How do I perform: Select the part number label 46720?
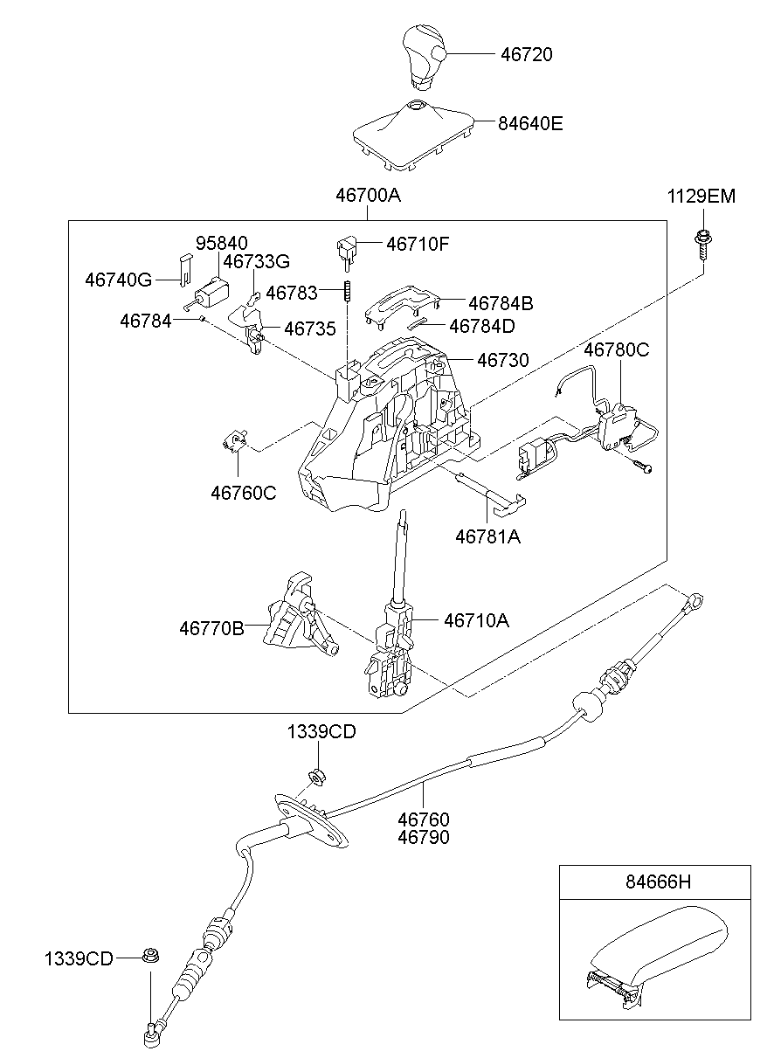[x=526, y=54]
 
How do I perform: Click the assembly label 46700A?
[x=368, y=197]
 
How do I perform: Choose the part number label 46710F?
[x=418, y=244]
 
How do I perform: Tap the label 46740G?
[x=119, y=280]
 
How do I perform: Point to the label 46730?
[x=502, y=359]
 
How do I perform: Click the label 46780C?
[x=617, y=349]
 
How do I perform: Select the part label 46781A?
[x=487, y=536]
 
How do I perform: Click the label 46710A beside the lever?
[x=476, y=620]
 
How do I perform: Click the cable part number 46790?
[x=424, y=837]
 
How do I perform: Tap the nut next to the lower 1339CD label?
[x=149, y=957]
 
